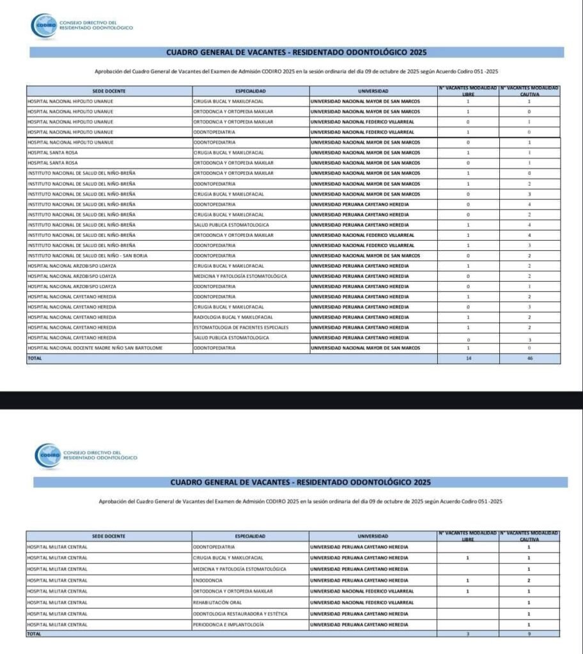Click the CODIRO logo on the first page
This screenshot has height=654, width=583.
[x=43, y=26]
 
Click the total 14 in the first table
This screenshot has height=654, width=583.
[x=469, y=359]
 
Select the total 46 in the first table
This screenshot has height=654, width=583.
[x=529, y=359]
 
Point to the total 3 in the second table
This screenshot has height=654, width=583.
[x=468, y=634]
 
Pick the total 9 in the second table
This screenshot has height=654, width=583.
[x=529, y=634]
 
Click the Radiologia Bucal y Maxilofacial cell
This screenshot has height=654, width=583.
[x=233, y=317]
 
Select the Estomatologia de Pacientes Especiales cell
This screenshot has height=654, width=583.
[x=241, y=327]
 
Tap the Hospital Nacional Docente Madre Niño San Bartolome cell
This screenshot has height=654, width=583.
[x=95, y=347]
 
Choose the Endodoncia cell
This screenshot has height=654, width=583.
[x=208, y=580]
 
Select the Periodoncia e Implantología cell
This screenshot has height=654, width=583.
[x=228, y=624]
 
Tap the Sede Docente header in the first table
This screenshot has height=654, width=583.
[x=108, y=91]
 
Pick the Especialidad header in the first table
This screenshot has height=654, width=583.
[x=250, y=91]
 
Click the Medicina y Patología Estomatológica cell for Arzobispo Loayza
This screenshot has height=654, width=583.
[x=240, y=276]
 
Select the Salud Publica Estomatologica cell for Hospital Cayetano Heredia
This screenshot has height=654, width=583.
[x=231, y=337]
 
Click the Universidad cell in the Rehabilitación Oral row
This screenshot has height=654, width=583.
[x=361, y=602]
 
